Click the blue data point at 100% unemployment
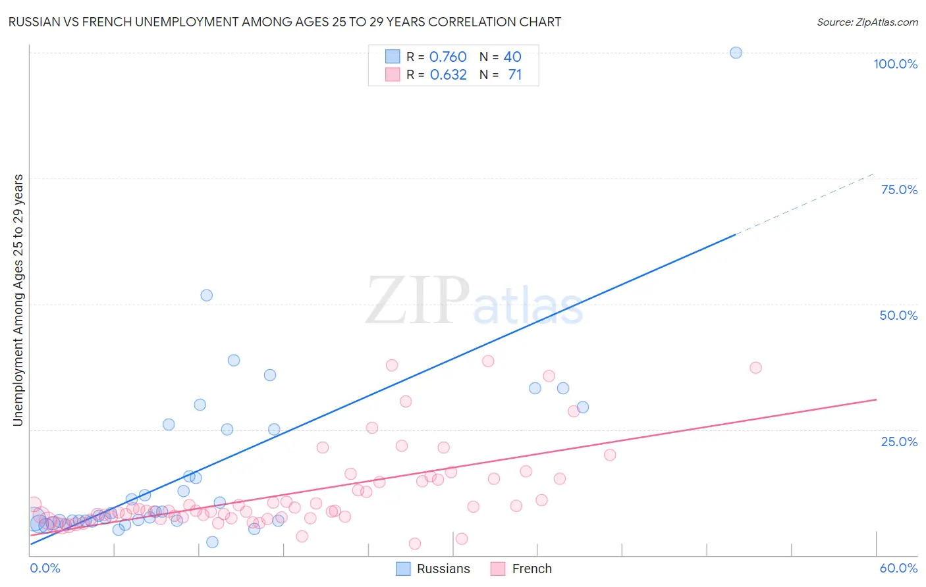click(x=736, y=53)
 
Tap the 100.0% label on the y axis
click(x=895, y=64)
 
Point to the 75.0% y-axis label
click(x=899, y=190)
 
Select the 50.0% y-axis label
click(x=898, y=315)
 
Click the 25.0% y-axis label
click(x=899, y=441)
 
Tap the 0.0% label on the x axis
click(x=45, y=568)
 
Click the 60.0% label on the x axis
click(x=898, y=568)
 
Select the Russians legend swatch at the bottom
click(x=403, y=569)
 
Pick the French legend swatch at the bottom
click(x=498, y=569)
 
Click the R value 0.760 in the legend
click(x=448, y=57)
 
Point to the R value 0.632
click(x=448, y=74)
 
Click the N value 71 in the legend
click(x=514, y=74)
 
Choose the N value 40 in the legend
click(x=512, y=57)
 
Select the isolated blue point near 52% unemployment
click(x=206, y=295)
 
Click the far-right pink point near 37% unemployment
click(x=755, y=368)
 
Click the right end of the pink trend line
click(x=875, y=399)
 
